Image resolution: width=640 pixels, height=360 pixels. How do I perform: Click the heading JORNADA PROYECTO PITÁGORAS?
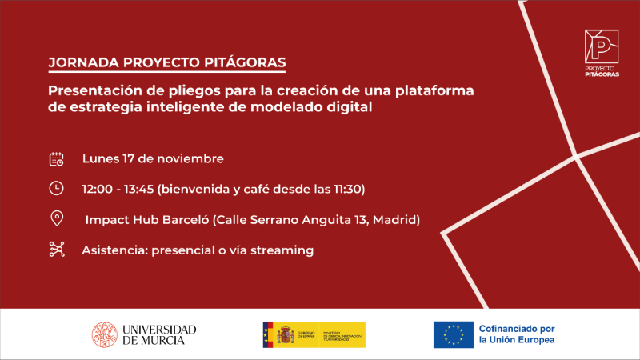pos(166,62)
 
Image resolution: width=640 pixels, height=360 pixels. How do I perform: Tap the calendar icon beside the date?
pos(57,158)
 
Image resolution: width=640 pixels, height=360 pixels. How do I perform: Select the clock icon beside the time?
pos(57,189)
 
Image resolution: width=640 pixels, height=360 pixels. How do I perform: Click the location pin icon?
pos(57,219)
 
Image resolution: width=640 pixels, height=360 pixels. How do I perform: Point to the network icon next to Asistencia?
pos(57,250)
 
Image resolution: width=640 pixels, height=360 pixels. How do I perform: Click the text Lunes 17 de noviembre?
pos(153,158)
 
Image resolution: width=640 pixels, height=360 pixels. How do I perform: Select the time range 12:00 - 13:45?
pos(118,189)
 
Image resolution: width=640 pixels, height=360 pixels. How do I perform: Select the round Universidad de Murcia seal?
pos(104,334)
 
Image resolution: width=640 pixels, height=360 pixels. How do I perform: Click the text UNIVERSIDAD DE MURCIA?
pos(158,334)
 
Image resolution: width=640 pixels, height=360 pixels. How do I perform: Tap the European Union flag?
pos(453,334)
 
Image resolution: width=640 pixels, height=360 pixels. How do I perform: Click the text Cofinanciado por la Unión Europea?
pos(516,334)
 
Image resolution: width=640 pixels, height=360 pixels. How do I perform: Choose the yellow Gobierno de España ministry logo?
pos(314,334)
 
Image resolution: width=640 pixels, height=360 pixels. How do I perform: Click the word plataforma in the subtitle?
pos(433,90)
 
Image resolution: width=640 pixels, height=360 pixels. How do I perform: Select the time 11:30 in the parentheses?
pos(346,189)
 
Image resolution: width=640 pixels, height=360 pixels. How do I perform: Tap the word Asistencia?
pos(114,250)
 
